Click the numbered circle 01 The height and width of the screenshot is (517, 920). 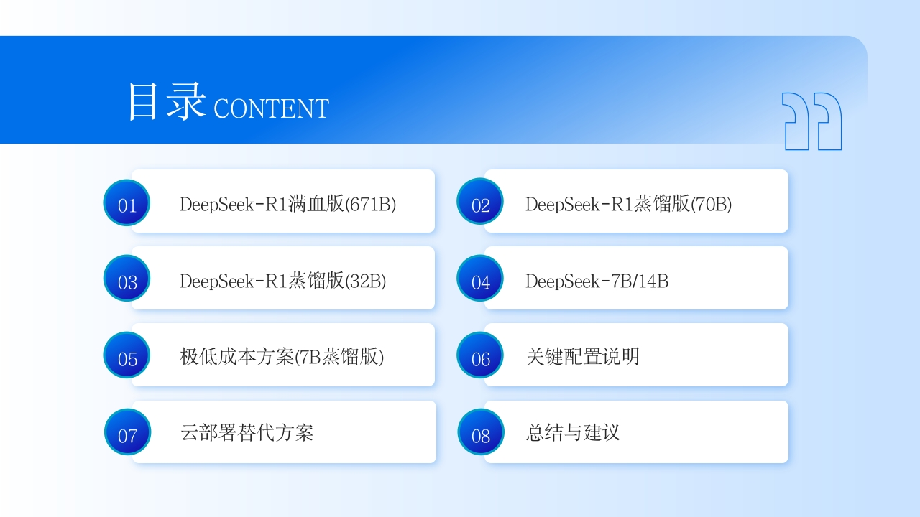click(126, 202)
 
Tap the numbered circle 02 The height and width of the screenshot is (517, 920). click(480, 202)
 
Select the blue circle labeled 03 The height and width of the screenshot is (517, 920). click(126, 278)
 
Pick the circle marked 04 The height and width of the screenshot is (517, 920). click(480, 278)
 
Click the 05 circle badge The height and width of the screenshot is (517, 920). click(126, 355)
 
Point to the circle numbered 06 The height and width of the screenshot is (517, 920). click(480, 355)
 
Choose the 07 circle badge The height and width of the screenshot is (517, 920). click(127, 432)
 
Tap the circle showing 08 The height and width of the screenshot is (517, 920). click(481, 432)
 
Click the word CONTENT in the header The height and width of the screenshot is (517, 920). click(271, 108)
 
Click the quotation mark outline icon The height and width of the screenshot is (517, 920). click(811, 121)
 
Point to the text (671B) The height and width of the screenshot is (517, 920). click(370, 205)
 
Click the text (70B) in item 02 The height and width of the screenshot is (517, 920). click(712, 205)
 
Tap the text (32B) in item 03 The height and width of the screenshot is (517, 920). click(366, 281)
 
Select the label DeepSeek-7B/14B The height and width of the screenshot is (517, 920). click(597, 281)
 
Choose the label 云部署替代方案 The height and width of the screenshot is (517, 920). click(247, 433)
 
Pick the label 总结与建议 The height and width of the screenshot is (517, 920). click(573, 433)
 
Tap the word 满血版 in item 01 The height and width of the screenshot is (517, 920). click(316, 204)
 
